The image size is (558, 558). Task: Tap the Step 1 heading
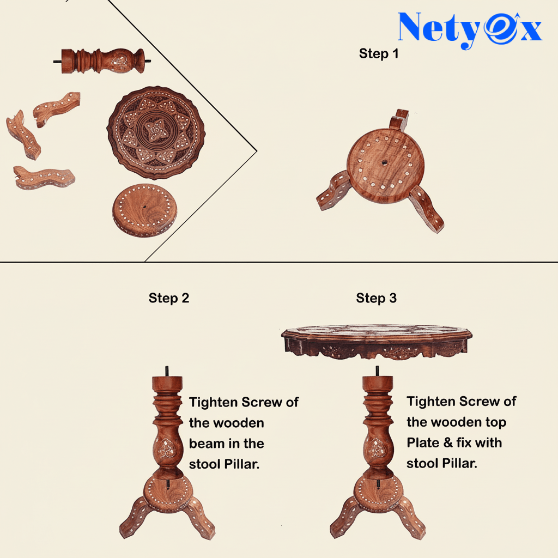[x=379, y=54]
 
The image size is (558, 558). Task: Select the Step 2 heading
[x=169, y=298]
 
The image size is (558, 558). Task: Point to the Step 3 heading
[x=377, y=298]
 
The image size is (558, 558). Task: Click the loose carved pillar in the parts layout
[x=102, y=61]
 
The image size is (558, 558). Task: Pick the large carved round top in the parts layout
[x=156, y=132]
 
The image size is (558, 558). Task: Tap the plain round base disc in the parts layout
[x=144, y=210]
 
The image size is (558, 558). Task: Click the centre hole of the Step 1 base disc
[x=384, y=162]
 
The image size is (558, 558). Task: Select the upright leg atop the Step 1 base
[x=398, y=119]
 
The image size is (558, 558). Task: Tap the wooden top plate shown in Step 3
[x=377, y=342]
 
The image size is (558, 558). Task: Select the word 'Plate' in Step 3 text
[x=423, y=442]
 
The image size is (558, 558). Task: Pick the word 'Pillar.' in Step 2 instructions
[x=244, y=464]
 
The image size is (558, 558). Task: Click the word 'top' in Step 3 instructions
[x=496, y=423]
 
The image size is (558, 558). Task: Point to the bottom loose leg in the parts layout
[x=44, y=177]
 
